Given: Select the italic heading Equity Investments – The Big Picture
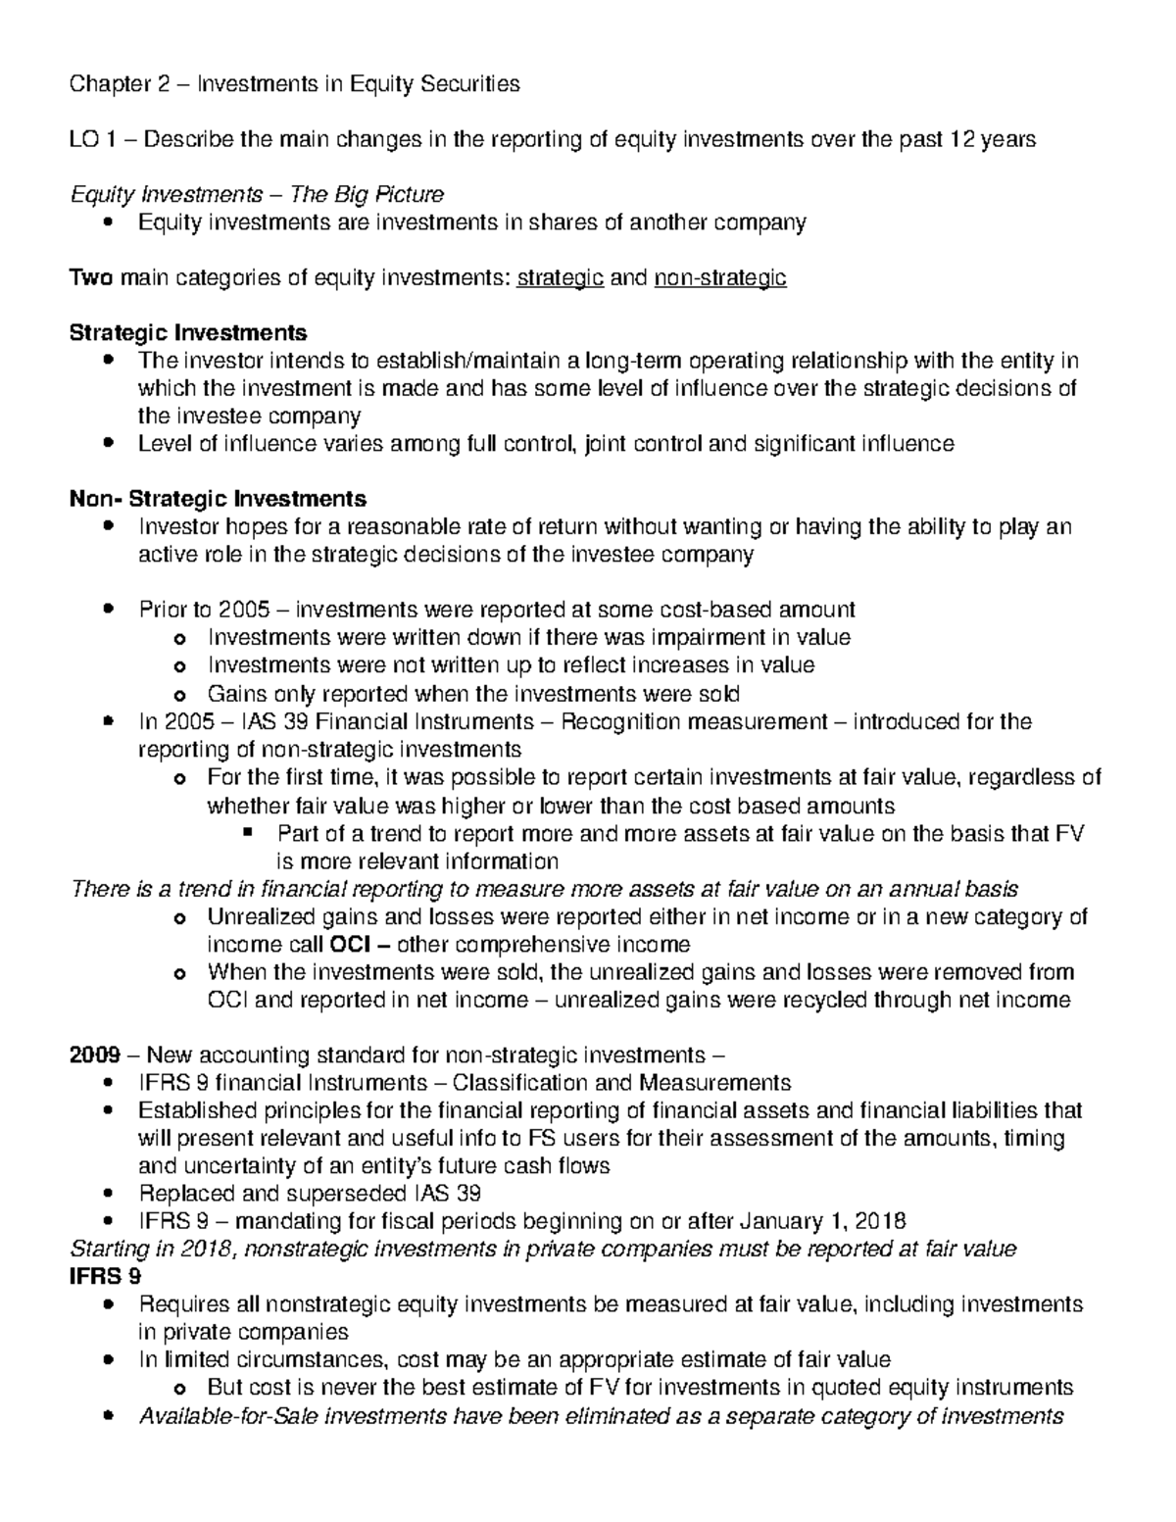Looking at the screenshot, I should pos(257,194).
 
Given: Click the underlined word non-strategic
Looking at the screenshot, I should pos(719,278).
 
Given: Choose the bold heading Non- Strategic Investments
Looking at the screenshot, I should pos(218,499).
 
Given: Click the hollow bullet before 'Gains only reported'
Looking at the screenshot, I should pos(178,695).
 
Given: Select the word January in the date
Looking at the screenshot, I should pos(778,1221).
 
